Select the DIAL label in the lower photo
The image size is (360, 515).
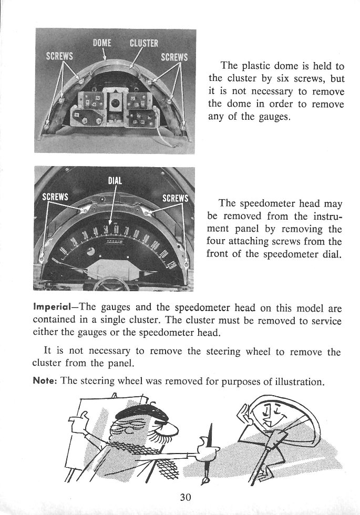115,180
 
